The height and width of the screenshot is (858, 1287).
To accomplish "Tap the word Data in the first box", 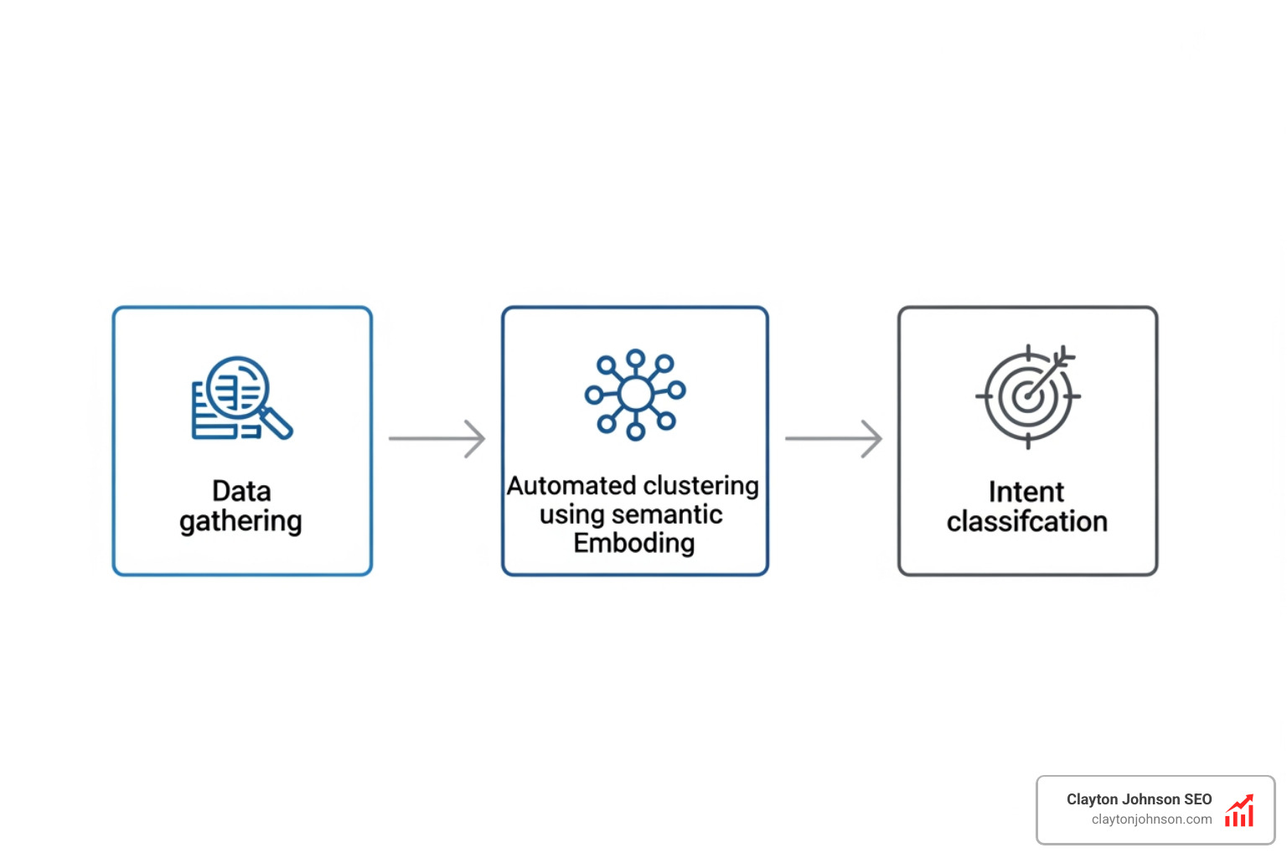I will pyautogui.click(x=241, y=491).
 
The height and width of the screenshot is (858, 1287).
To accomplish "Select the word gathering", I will pyautogui.click(x=240, y=522).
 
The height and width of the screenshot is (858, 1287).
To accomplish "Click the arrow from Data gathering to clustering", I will pyautogui.click(x=437, y=438).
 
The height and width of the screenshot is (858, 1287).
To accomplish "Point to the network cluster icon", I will pyautogui.click(x=635, y=393).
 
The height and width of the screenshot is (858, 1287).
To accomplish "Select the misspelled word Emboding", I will pyautogui.click(x=634, y=543).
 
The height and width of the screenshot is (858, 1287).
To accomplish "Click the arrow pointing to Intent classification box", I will pyautogui.click(x=833, y=438).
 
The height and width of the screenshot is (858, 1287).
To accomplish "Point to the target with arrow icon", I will pyautogui.click(x=1027, y=396).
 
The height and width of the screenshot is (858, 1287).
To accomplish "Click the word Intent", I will pyautogui.click(x=1026, y=492).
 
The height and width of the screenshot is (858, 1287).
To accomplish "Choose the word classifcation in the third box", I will pyautogui.click(x=1027, y=522).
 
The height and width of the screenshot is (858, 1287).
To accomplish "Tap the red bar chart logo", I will pyautogui.click(x=1239, y=811).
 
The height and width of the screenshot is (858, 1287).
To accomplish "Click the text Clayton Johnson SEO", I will pyautogui.click(x=1139, y=799).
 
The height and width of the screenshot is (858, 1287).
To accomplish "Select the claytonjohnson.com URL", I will pyautogui.click(x=1151, y=819).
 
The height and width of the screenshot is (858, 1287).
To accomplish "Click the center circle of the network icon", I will pyautogui.click(x=636, y=393).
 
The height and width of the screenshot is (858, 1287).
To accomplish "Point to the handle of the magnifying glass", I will pyautogui.click(x=277, y=423).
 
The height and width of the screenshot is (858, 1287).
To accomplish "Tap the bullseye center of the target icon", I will pyautogui.click(x=1026, y=398).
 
